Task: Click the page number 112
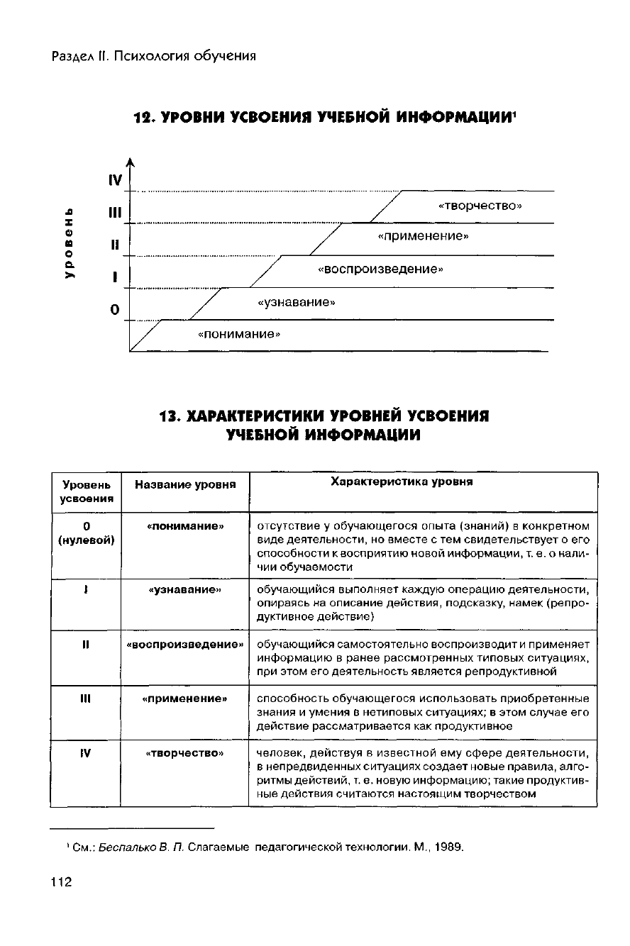tap(62, 883)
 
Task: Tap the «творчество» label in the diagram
tap(480, 206)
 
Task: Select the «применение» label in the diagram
tap(423, 236)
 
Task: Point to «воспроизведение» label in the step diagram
tap(380, 269)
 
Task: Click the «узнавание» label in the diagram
tap(296, 303)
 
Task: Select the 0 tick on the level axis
tap(115, 310)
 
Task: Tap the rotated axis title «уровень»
tap(70, 243)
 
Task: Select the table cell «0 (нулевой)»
tap(85, 533)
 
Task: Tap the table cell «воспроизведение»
tap(184, 645)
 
